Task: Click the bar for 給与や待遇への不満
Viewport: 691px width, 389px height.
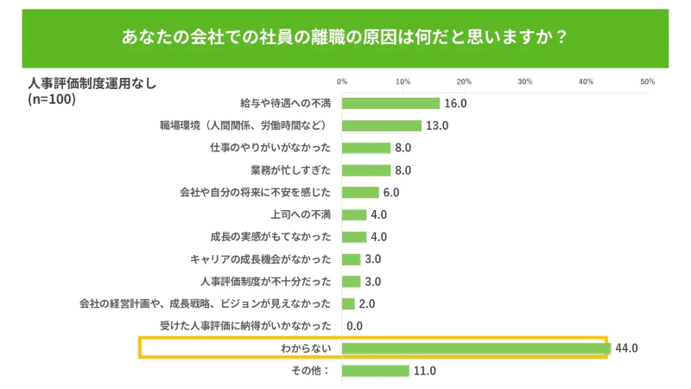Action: (x=390, y=104)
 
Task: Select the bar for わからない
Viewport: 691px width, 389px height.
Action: (x=476, y=348)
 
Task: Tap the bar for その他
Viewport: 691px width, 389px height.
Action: (x=375, y=371)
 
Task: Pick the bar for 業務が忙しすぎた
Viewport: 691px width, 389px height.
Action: (x=366, y=170)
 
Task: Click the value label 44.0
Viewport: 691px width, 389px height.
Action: (x=625, y=348)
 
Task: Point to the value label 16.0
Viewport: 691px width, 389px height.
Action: (x=455, y=104)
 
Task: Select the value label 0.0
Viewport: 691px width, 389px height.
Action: (x=354, y=326)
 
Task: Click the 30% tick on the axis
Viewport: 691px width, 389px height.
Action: (x=524, y=81)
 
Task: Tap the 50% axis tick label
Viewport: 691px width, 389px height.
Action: (x=647, y=81)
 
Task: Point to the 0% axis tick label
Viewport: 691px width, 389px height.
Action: (x=342, y=81)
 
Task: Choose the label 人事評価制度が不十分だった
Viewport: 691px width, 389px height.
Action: (x=266, y=281)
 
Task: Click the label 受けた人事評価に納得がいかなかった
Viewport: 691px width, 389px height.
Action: (x=245, y=326)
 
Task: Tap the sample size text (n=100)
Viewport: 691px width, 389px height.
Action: (x=53, y=99)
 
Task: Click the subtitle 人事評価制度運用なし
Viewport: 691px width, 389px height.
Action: (x=90, y=84)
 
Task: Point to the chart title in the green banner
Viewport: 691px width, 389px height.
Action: (x=345, y=38)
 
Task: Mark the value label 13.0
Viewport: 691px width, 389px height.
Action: (x=437, y=125)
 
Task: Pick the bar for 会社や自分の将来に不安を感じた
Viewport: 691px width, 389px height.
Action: (x=360, y=192)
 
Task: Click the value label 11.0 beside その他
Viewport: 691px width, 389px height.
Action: (x=424, y=371)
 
